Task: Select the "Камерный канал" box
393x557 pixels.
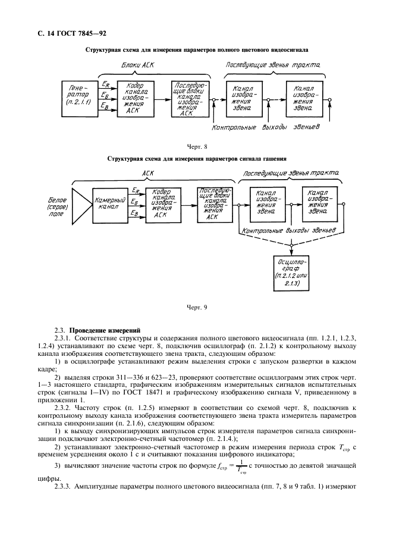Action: [110, 205]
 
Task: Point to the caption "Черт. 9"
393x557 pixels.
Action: [196, 308]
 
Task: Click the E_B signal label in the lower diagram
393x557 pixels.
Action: [134, 213]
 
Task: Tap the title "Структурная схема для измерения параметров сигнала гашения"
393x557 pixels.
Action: [197, 159]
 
